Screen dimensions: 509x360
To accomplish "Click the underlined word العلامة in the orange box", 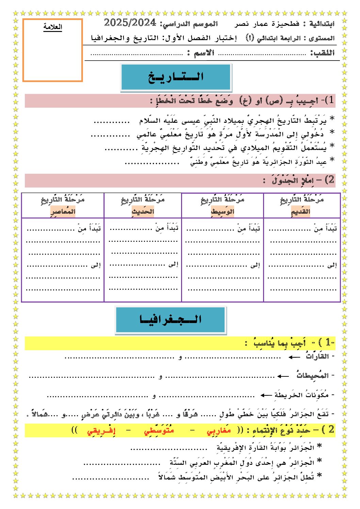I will [x=53, y=27].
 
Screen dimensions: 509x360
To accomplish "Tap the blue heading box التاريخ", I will [x=176, y=77].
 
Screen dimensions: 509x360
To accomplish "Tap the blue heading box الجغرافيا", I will [x=170, y=320].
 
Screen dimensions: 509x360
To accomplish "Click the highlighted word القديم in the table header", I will [x=300, y=211].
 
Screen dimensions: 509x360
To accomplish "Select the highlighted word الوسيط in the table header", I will [x=223, y=211].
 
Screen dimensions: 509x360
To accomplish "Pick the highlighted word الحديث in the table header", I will [x=143, y=211].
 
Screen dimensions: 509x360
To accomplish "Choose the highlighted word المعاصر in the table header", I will [x=63, y=211].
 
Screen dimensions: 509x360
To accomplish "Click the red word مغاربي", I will [x=219, y=430].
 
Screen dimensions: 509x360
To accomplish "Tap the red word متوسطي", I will [x=159, y=430].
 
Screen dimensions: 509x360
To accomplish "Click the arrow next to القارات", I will [x=294, y=357].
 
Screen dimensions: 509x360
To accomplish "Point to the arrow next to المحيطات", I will [x=283, y=376].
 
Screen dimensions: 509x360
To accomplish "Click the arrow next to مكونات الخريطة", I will [x=266, y=395].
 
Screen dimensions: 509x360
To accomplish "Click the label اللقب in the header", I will [x=322, y=53].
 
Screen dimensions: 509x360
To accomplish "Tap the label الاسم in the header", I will [x=204, y=53].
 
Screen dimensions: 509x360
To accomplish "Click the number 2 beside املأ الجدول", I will [x=330, y=180].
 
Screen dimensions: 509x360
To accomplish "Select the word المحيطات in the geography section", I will [x=312, y=375].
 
